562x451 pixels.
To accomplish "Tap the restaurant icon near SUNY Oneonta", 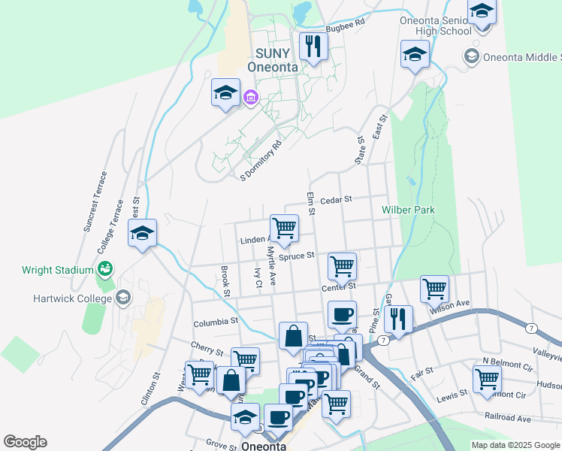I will pyautogui.click(x=313, y=46).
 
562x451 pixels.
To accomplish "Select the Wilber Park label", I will pyautogui.click(x=408, y=210).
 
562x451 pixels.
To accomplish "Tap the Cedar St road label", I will pyautogui.click(x=336, y=200).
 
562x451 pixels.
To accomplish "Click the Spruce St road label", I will pyautogui.click(x=296, y=256).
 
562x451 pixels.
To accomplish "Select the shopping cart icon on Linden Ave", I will pyautogui.click(x=284, y=228).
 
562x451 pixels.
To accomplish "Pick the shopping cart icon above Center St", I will pyautogui.click(x=342, y=265).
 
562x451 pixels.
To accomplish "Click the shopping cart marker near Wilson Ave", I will pyautogui.click(x=434, y=288).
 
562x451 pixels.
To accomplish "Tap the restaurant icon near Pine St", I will pyautogui.click(x=398, y=319).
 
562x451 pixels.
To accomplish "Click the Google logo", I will pyautogui.click(x=25, y=442).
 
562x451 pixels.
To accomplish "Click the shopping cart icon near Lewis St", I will pyautogui.click(x=488, y=379).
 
